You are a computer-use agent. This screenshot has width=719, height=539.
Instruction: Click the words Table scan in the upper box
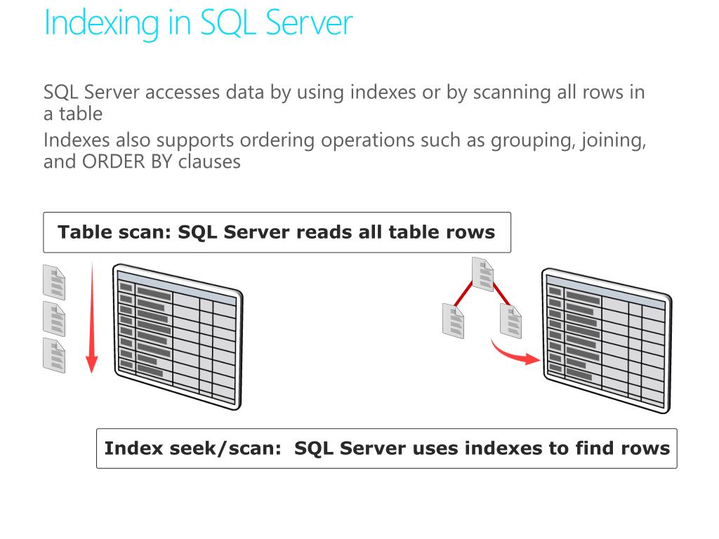click(x=110, y=232)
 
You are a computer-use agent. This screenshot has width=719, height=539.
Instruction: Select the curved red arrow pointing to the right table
click(x=516, y=352)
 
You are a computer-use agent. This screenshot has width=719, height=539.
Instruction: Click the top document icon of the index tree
click(x=483, y=275)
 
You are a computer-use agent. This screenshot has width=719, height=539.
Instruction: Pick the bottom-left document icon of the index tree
click(x=453, y=320)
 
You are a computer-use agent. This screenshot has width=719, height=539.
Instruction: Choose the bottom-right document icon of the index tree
click(x=511, y=320)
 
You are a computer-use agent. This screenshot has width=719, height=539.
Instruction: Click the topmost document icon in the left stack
click(x=54, y=283)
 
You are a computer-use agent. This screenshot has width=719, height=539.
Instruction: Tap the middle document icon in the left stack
click(x=54, y=319)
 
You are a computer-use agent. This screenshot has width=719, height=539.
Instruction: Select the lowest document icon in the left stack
click(x=54, y=356)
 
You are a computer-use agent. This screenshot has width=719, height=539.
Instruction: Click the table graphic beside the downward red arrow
click(x=177, y=335)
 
